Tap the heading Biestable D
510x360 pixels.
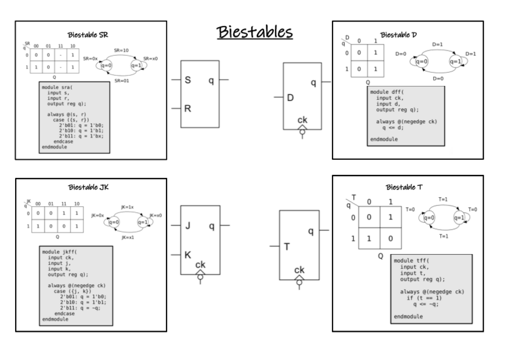pyautogui.click(x=402, y=34)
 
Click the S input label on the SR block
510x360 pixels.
pyautogui.click(x=188, y=80)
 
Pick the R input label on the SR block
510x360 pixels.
pyautogui.click(x=188, y=109)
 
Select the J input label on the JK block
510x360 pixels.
pyautogui.click(x=188, y=227)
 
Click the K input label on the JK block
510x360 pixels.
pyautogui.click(x=188, y=255)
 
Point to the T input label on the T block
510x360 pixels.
pyautogui.click(x=287, y=247)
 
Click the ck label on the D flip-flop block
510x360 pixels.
pyautogui.click(x=302, y=120)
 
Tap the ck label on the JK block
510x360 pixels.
pyautogui.click(x=200, y=265)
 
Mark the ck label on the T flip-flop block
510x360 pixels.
pyautogui.click(x=299, y=270)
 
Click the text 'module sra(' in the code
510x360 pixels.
pyautogui.click(x=58, y=87)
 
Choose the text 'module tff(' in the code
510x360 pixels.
pyautogui.click(x=412, y=260)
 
